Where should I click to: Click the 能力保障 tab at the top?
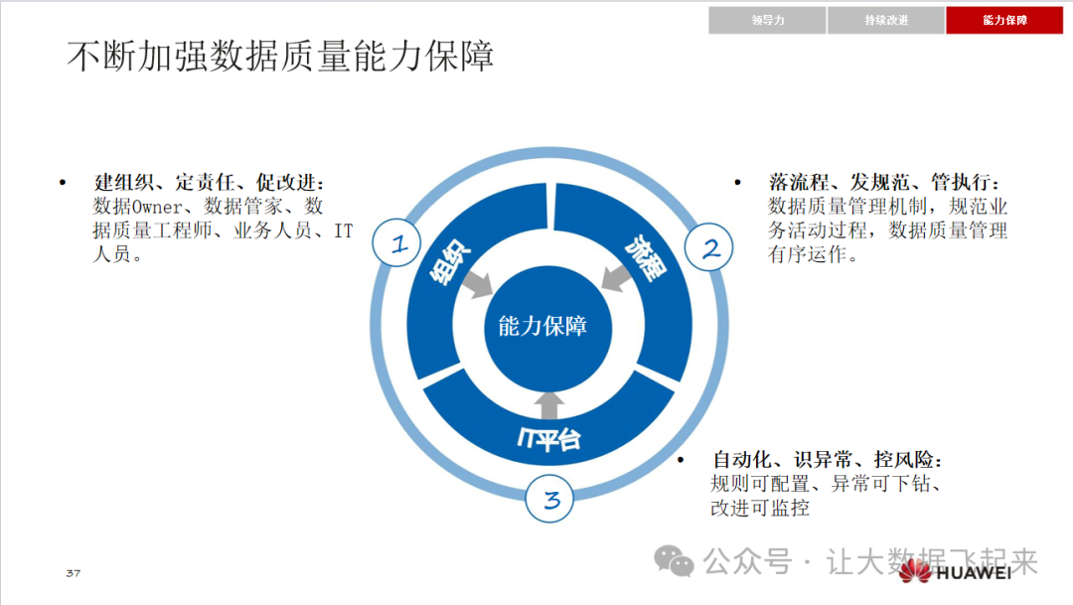(x=1004, y=20)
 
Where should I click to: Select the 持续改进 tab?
(x=886, y=20)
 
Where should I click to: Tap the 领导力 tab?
(x=768, y=20)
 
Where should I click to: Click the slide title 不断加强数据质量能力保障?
(x=281, y=58)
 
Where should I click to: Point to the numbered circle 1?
(x=399, y=244)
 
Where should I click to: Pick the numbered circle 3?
(x=551, y=500)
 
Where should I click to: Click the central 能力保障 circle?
(x=542, y=326)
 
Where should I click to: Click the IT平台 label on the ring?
(x=548, y=437)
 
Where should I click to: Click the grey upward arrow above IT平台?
(x=550, y=402)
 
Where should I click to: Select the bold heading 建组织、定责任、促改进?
(x=210, y=183)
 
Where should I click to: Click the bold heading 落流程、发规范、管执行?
(x=884, y=183)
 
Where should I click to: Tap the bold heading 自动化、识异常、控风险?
(x=827, y=461)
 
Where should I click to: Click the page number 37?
(x=73, y=574)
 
